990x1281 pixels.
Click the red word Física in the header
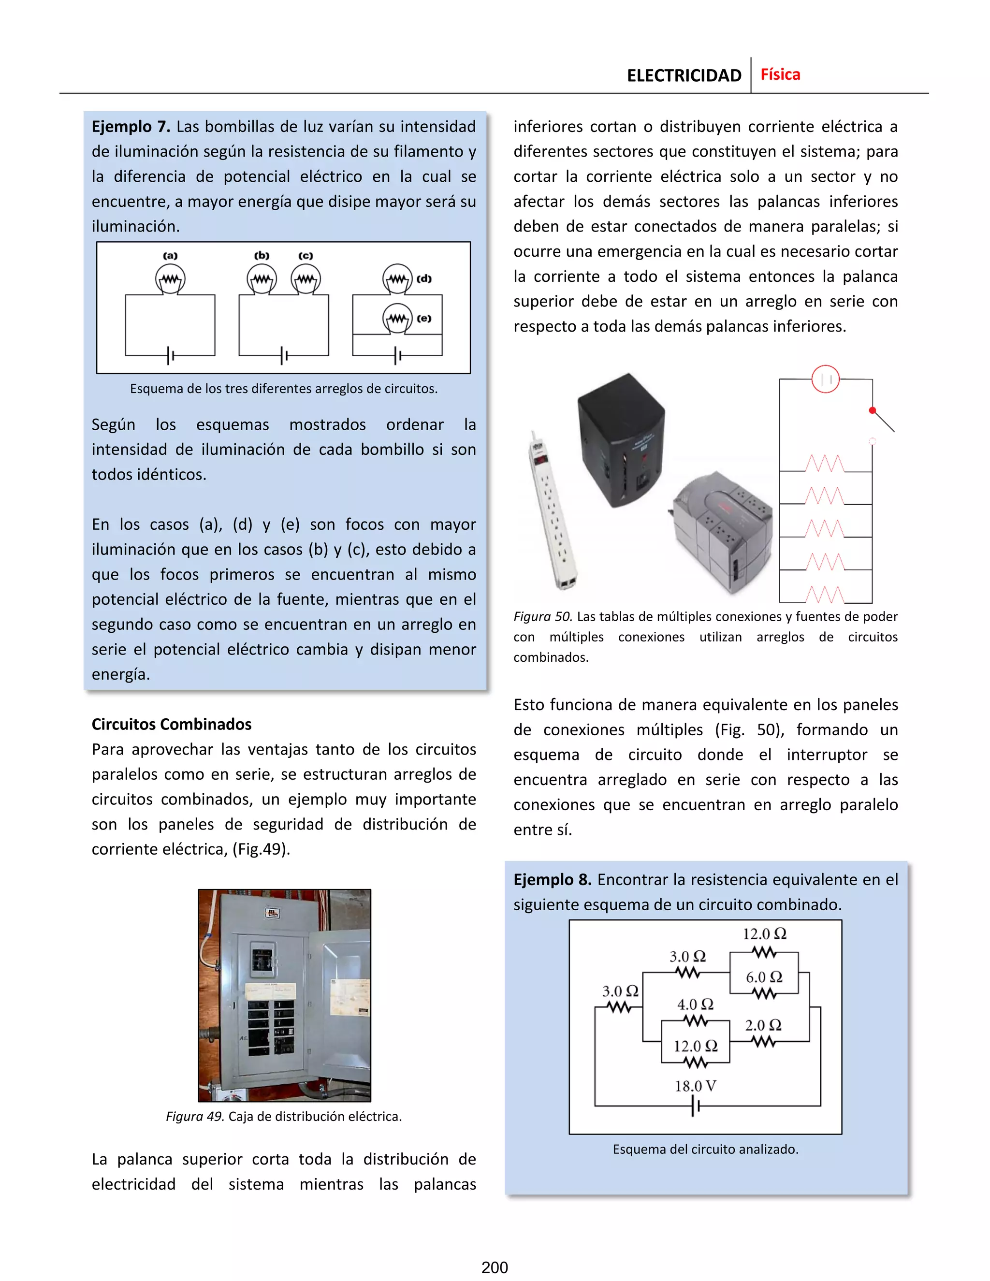(x=780, y=74)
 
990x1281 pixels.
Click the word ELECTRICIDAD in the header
(x=684, y=76)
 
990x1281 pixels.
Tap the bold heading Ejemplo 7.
(x=130, y=127)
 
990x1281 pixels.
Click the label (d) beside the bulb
(x=424, y=278)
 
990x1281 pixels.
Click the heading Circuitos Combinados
(x=171, y=725)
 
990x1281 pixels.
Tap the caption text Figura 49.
(x=195, y=1116)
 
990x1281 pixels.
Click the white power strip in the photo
(x=552, y=510)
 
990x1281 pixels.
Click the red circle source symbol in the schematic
(x=825, y=379)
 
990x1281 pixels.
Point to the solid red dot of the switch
(x=872, y=410)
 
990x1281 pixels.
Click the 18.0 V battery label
(x=695, y=1086)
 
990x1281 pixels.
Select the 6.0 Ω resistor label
(x=764, y=977)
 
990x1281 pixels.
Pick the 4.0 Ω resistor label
(x=695, y=1004)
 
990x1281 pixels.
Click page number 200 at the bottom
(x=495, y=1267)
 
